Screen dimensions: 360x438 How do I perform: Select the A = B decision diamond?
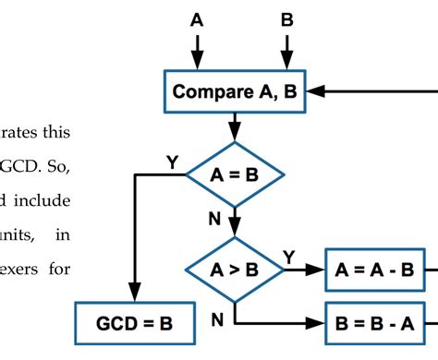point(235,174)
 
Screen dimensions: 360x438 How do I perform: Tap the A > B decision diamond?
point(235,270)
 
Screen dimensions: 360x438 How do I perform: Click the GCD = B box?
point(136,324)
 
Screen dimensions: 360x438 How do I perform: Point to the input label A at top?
point(196,18)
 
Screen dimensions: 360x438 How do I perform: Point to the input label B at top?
point(286,18)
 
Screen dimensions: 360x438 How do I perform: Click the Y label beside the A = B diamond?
point(172,162)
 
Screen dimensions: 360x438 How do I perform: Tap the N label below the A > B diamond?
point(217,319)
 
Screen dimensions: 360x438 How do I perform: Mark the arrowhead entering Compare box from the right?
point(314,92)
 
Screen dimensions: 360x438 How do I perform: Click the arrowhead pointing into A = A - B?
point(319,270)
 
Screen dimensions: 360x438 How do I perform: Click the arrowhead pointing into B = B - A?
point(319,324)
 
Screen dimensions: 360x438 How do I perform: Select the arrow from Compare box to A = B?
point(235,125)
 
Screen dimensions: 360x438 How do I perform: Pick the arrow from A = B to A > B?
point(235,222)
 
